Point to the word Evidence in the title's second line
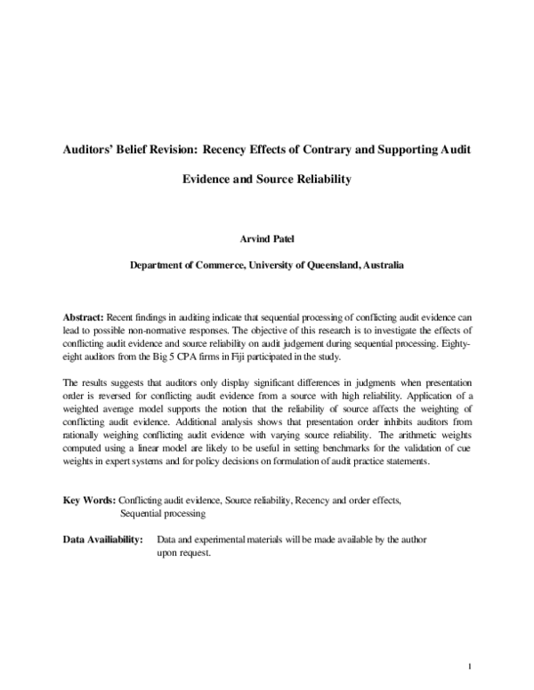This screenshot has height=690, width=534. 214,178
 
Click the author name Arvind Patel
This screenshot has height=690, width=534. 266,238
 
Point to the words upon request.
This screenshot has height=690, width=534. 183,552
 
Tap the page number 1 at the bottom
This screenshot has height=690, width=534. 468,665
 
